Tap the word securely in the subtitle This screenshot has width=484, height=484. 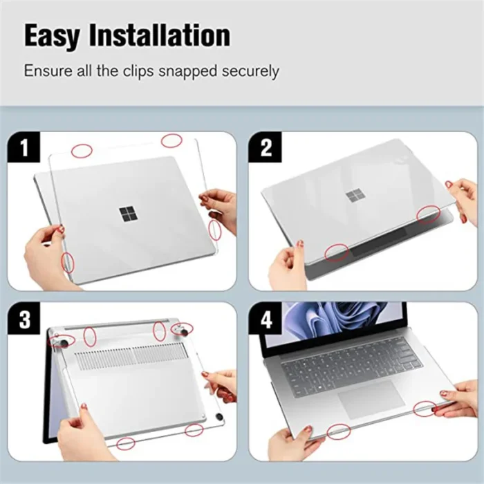247,71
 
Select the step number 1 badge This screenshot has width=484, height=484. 26,148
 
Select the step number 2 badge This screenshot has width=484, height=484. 266,148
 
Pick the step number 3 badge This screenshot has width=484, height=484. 26,320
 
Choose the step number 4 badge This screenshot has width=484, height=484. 266,320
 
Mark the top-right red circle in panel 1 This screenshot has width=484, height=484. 171,140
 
